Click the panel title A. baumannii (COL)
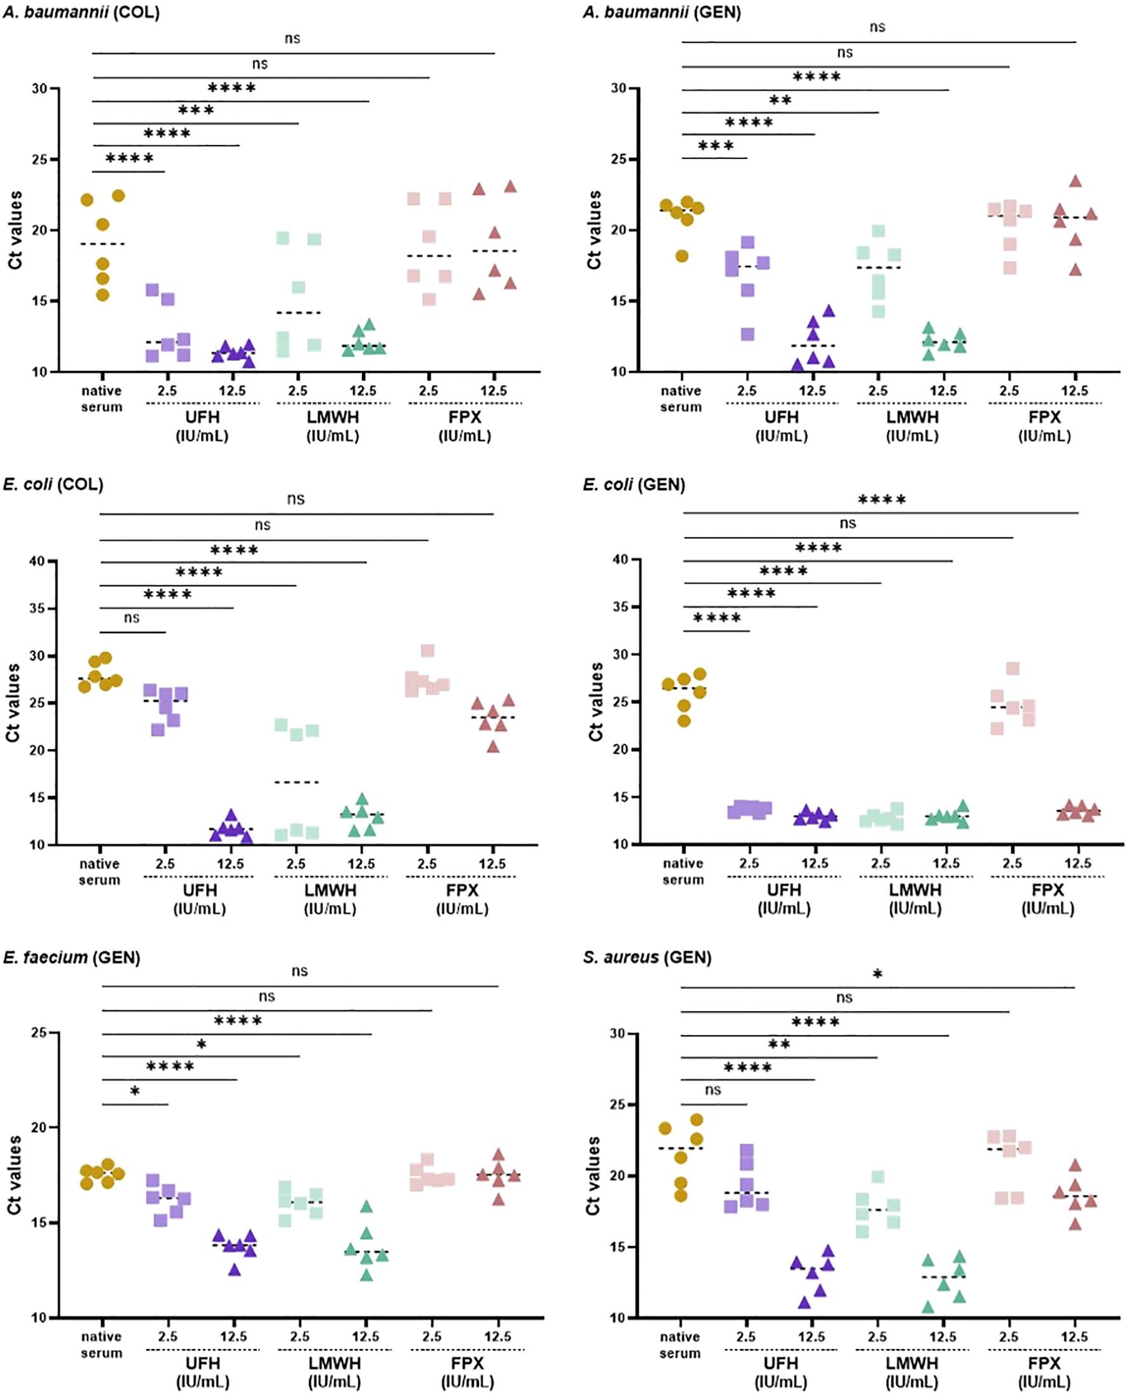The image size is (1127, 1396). [81, 12]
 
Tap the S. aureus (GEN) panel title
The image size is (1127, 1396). [647, 957]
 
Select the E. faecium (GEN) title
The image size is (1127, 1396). [71, 957]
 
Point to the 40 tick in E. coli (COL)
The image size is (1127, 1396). [37, 561]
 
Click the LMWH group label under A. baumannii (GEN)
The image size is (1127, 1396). [912, 417]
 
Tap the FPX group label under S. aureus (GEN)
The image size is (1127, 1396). [1044, 1362]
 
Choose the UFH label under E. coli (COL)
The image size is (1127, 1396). [199, 890]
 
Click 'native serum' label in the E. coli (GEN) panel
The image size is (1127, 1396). [683, 871]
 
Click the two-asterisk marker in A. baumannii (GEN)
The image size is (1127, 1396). [780, 101]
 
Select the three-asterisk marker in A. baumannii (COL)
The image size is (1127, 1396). [196, 110]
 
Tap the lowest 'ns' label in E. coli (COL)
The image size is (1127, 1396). [132, 617]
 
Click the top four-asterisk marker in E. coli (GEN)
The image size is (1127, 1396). [882, 501]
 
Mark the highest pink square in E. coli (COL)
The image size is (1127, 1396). [427, 651]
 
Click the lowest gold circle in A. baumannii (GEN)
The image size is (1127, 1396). [682, 256]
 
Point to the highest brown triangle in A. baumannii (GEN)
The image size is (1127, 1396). [1075, 181]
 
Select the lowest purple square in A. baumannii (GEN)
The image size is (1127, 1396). [748, 335]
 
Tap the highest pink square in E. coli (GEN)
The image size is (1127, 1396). [1013, 668]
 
